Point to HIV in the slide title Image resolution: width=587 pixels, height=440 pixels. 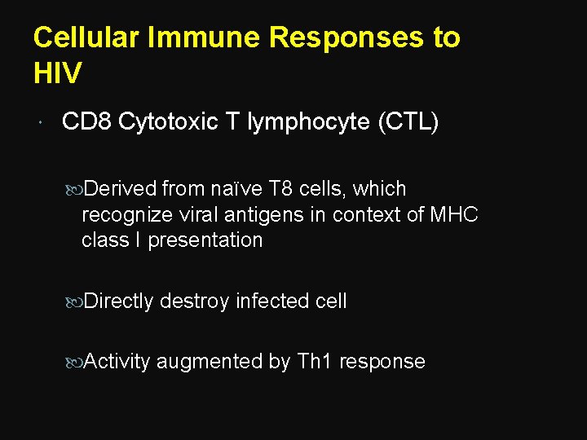click(x=58, y=73)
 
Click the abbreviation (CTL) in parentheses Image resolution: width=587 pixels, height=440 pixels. click(x=408, y=122)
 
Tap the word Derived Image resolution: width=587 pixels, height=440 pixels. click(x=120, y=189)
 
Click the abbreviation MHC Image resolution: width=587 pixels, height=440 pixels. click(x=453, y=214)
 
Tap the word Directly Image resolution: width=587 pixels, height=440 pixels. click(x=118, y=301)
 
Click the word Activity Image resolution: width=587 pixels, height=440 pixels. click(x=117, y=362)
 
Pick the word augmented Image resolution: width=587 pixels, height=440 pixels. click(x=210, y=362)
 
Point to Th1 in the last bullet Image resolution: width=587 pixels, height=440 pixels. click(x=315, y=362)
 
